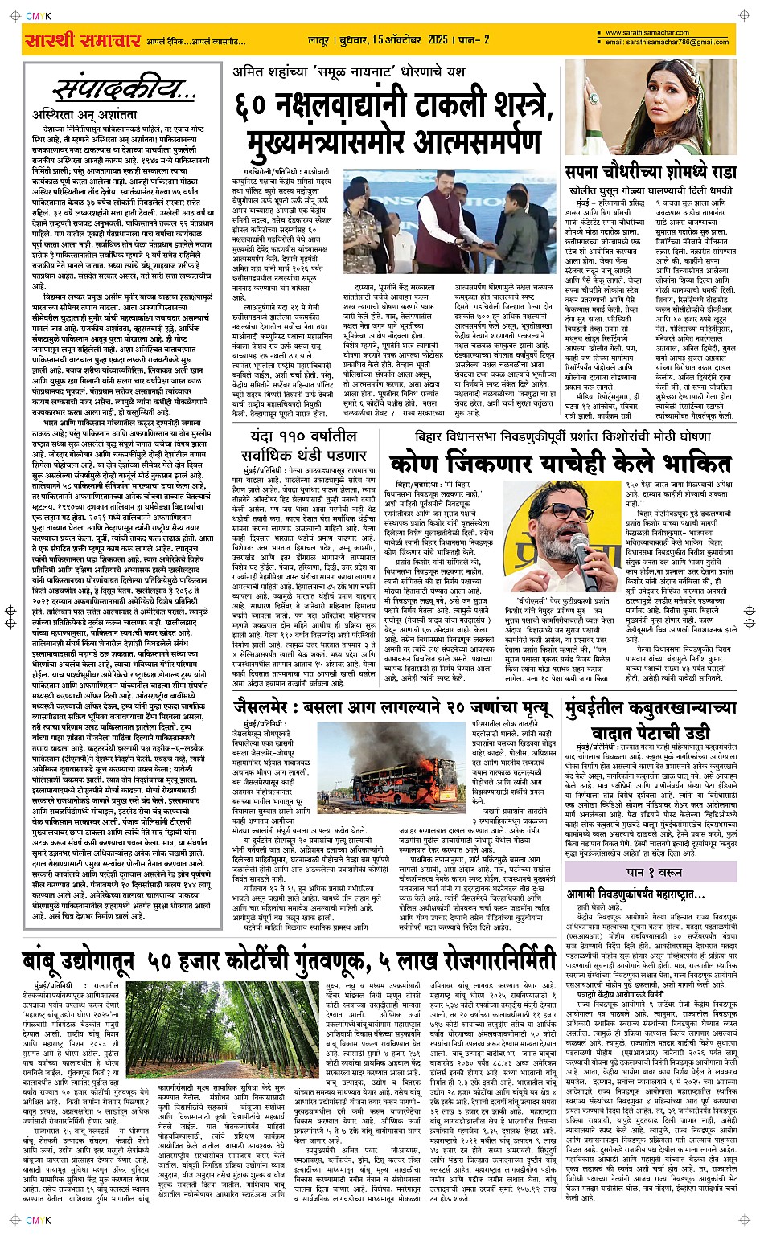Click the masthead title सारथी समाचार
(82, 40)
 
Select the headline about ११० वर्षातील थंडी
(314, 445)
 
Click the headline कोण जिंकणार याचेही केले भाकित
(561, 464)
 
